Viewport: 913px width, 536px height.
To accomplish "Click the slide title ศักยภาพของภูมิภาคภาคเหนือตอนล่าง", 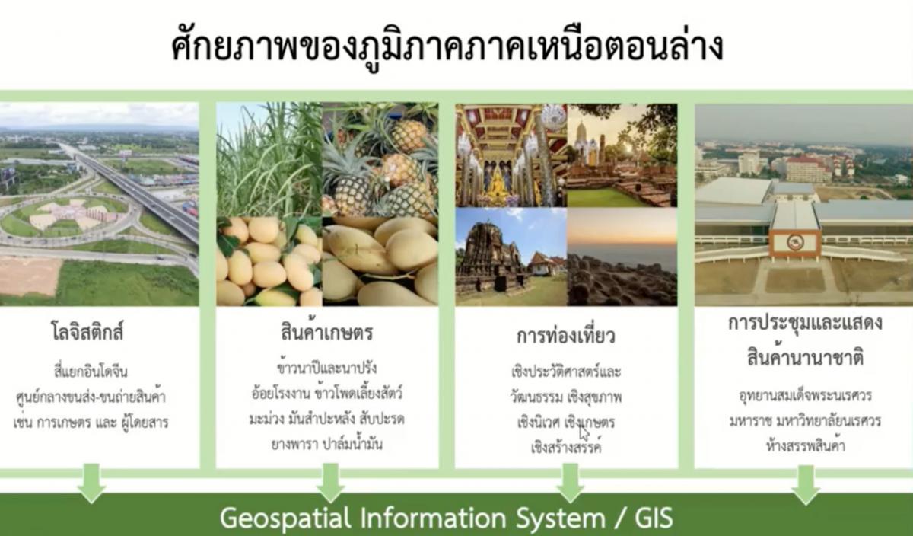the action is coord(447,48).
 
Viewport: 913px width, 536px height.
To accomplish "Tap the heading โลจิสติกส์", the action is coord(87,331).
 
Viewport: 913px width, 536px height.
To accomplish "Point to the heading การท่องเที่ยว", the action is coord(566,335).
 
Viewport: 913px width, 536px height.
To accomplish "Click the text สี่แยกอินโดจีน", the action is coord(91,372).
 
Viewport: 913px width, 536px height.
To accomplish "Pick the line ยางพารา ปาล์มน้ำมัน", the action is coord(327,443).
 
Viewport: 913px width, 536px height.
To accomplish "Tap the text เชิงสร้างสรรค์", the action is coord(566,446).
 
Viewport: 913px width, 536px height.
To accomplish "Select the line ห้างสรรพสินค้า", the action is coord(805,445).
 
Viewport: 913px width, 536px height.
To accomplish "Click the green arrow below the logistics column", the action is coord(91,483).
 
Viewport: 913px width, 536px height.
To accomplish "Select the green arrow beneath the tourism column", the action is coord(570,483).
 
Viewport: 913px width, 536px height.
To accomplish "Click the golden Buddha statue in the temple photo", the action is coord(498,186).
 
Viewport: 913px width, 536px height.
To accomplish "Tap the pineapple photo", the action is coord(380,159).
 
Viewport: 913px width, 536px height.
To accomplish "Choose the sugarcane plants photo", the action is coord(269,159).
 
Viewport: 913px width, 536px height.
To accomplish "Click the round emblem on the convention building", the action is coord(795,242).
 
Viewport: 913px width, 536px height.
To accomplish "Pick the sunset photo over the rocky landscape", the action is coord(622,257).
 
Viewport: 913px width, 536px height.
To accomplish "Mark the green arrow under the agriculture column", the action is coord(330,483).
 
